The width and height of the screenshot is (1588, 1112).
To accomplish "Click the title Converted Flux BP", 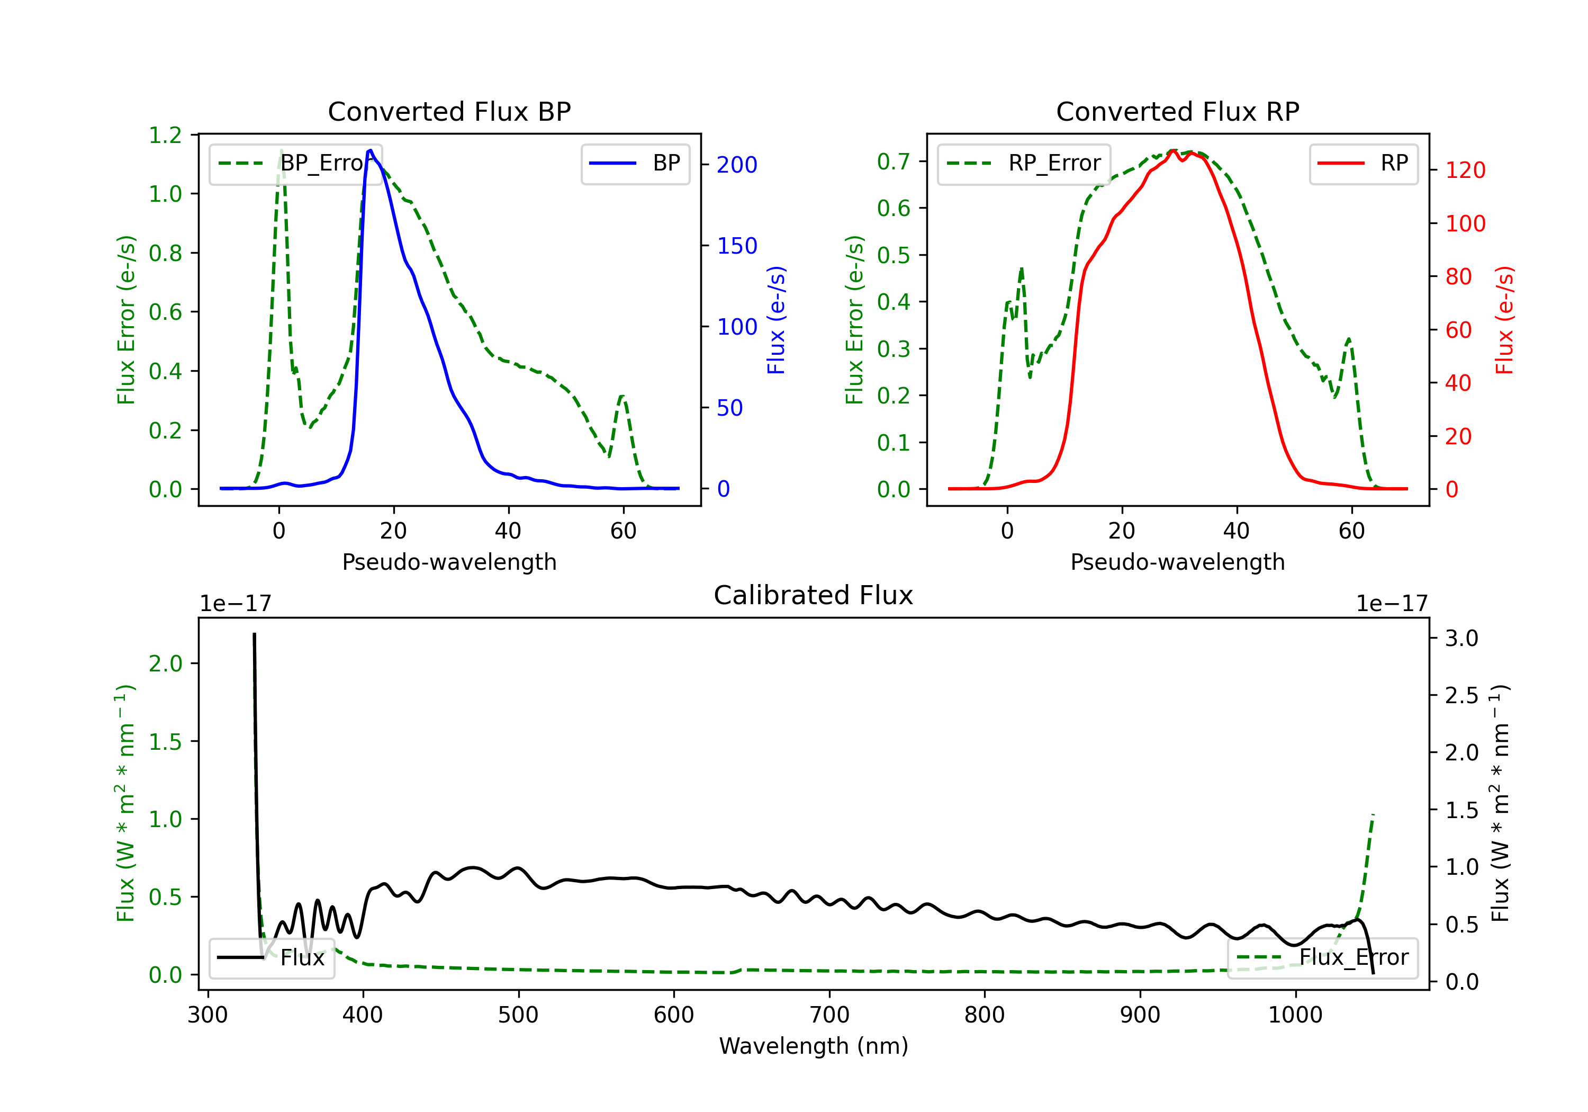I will pos(449,111).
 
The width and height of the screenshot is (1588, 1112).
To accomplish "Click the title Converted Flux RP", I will pos(1177,111).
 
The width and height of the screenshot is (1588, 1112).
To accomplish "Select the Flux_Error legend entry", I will pos(1322,958).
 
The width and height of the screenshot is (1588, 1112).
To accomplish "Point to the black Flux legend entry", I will pos(272,958).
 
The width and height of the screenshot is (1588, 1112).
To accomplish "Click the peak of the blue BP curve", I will pos(371,150).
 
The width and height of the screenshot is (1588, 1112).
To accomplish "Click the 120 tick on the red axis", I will pos(1465,170).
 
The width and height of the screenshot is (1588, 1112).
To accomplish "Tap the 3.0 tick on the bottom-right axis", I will pos(1461,638).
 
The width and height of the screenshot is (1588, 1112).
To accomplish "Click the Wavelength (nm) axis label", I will pos(814,1046).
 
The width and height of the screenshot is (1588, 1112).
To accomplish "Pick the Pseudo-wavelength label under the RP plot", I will pos(1177,562).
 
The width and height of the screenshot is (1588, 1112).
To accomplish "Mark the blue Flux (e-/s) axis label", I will pos(776,320).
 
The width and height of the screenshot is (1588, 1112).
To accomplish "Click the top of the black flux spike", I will pos(255,634).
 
